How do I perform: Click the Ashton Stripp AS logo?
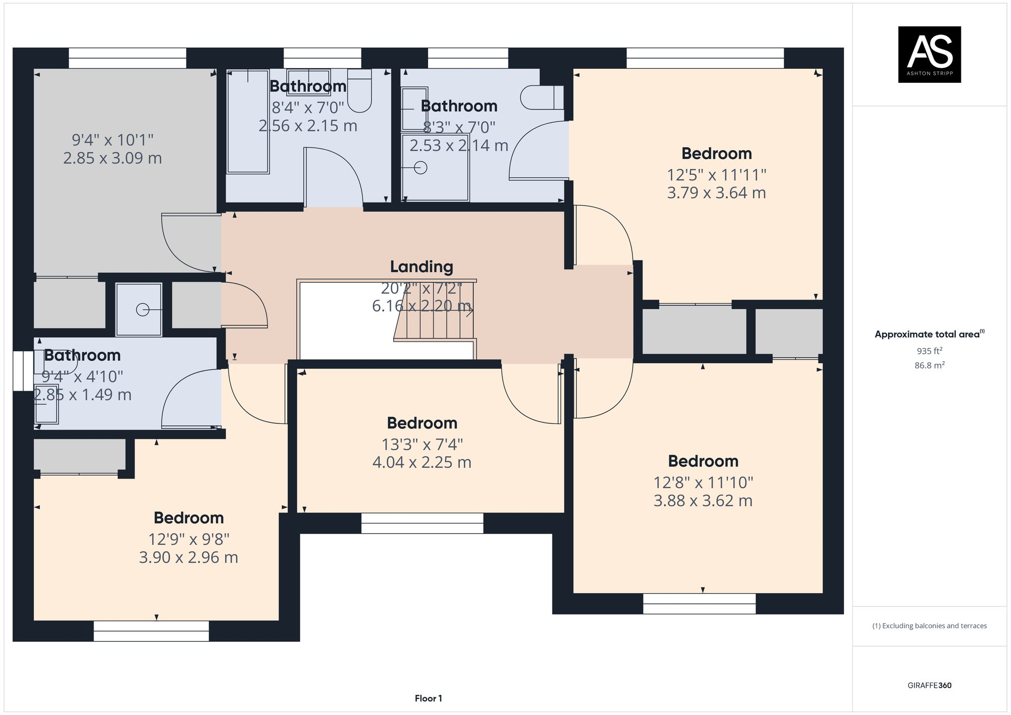pos(929,54)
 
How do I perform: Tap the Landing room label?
pos(421,266)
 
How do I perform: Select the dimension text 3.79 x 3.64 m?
pos(716,193)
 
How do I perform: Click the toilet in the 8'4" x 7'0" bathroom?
pos(359,93)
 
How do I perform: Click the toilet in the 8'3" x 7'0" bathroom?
pos(542,98)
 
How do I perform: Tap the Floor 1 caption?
pos(428,698)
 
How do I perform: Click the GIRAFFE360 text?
pos(929,685)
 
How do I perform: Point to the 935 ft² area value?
pos(929,351)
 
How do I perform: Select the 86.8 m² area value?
pos(929,365)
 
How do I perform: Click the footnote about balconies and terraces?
pos(929,626)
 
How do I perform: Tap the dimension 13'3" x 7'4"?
pos(422,444)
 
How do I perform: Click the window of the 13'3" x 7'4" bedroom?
pos(422,523)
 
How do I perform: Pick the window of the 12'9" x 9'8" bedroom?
pos(151,631)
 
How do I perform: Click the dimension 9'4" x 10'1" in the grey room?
pos(112,139)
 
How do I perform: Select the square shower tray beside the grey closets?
pos(139,309)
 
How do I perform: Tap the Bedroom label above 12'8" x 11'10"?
pos(703,461)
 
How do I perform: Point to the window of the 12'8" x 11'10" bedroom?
pos(699,603)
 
